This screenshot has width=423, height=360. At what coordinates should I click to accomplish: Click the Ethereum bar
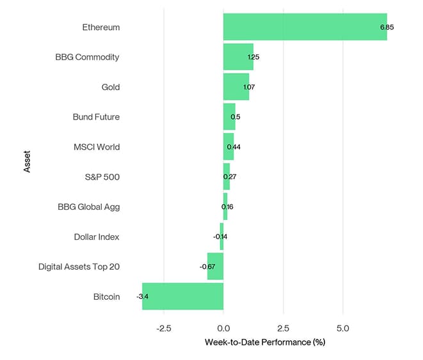pos(305,27)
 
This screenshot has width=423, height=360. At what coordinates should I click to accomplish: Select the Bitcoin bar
pos(183,296)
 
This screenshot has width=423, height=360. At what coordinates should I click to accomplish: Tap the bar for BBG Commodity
pos(238,57)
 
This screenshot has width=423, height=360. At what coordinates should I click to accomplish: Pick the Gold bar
pos(235,87)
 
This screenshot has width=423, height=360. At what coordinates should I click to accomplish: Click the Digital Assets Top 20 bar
pos(216,266)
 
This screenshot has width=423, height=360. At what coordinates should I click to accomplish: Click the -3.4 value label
pos(143,297)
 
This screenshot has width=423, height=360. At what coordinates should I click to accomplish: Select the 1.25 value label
pos(253,57)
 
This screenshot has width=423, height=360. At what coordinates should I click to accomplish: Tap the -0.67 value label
pos(207,267)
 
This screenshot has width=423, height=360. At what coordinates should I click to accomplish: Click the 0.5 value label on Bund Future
pos(235,117)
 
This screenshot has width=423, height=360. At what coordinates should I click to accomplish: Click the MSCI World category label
pos(97,147)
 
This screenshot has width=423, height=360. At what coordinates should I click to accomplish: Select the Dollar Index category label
pos(97,237)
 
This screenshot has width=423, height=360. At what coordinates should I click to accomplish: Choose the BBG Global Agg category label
pos(88,207)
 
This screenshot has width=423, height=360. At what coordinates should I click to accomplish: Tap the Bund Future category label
pos(96,117)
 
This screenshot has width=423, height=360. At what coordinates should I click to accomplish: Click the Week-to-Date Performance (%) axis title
pos(265,342)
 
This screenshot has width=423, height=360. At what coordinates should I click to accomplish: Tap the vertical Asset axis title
pos(27,160)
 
